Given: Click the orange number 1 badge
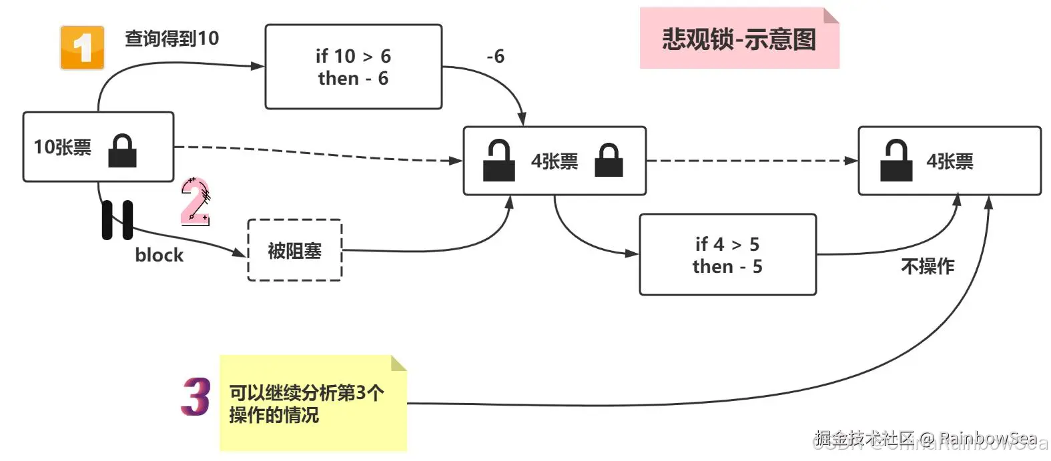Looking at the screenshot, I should pyautogui.click(x=82, y=47).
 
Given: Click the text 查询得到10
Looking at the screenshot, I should pyautogui.click(x=171, y=39).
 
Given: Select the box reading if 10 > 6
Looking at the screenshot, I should pyautogui.click(x=353, y=67).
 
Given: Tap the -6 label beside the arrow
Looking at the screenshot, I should pyautogui.click(x=495, y=57).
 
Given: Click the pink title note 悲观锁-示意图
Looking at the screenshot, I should pyautogui.click(x=739, y=39).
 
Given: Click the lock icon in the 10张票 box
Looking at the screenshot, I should pyautogui.click(x=123, y=150).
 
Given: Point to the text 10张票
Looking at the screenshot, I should pyautogui.click(x=62, y=147).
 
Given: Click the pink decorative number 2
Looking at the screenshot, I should pyautogui.click(x=196, y=201).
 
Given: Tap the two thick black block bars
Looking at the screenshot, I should pyautogui.click(x=117, y=219).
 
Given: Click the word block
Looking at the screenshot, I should pyautogui.click(x=159, y=256).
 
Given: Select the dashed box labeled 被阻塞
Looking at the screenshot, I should pyautogui.click(x=294, y=251).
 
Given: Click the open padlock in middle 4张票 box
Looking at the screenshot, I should pyautogui.click(x=498, y=161).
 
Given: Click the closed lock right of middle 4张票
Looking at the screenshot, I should pyautogui.click(x=609, y=161).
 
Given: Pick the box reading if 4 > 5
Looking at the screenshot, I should pyautogui.click(x=727, y=255).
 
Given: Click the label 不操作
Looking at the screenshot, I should pyautogui.click(x=927, y=267).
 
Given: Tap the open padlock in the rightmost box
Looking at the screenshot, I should pyautogui.click(x=896, y=161).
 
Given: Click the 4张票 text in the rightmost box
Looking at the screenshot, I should pyautogui.click(x=949, y=161).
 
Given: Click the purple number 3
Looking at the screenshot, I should pyautogui.click(x=196, y=397).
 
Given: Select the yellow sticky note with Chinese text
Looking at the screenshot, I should pyautogui.click(x=313, y=404).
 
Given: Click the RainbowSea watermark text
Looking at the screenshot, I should pyautogui.click(x=988, y=438).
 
